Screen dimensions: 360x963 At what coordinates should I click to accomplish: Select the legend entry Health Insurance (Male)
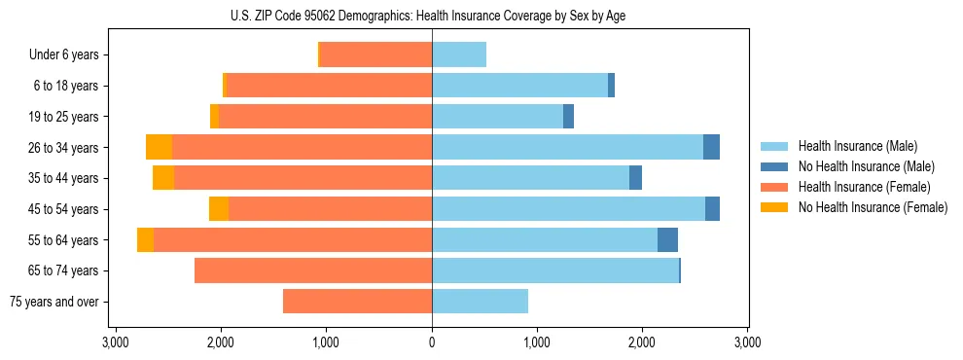(x=852, y=146)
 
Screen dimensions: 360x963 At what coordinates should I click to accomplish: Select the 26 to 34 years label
(x=66, y=148)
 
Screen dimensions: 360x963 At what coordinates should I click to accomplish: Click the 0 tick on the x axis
(x=432, y=342)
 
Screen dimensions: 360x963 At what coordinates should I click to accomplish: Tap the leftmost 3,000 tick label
(x=116, y=342)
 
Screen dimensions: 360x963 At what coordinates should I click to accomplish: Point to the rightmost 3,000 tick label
(x=747, y=342)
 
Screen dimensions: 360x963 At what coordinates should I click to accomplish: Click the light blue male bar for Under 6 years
(x=459, y=55)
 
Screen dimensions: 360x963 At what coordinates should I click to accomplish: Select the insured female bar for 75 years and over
(x=357, y=302)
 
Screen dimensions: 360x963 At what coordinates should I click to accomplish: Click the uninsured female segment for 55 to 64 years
(x=145, y=240)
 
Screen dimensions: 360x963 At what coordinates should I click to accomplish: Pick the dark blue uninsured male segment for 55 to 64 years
(x=667, y=240)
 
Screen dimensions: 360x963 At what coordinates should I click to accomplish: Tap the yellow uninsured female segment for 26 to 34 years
(x=159, y=148)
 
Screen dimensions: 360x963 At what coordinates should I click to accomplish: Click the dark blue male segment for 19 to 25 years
(x=568, y=117)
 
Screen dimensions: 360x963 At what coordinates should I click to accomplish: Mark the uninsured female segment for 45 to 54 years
(x=219, y=209)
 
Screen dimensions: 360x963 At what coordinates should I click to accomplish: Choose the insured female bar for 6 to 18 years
(x=329, y=86)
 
